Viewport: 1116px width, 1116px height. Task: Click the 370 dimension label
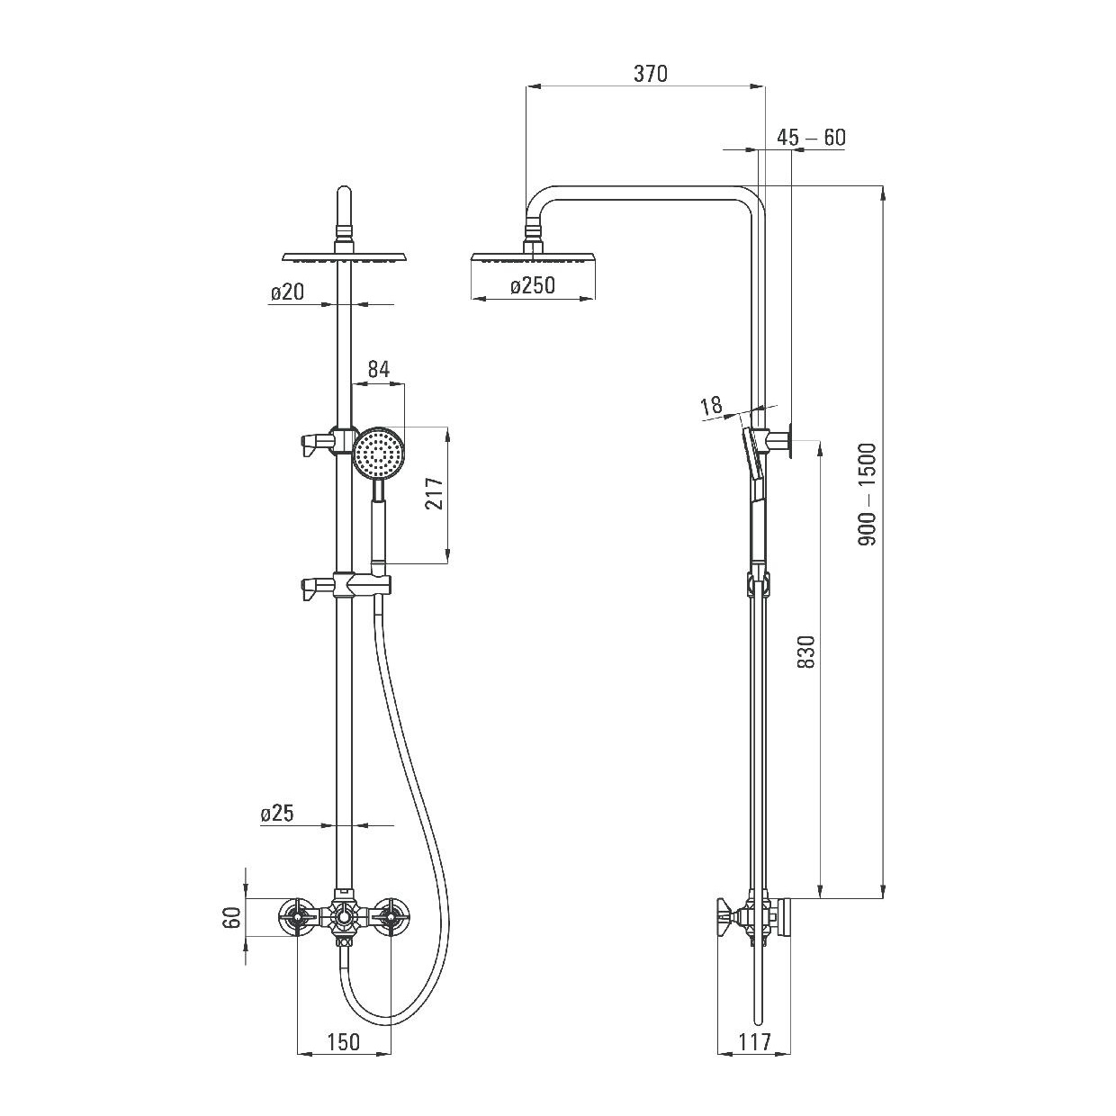(650, 74)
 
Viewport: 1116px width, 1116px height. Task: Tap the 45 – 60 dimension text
(811, 138)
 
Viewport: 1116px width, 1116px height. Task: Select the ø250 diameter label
(532, 285)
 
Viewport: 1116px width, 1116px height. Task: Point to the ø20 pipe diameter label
(287, 292)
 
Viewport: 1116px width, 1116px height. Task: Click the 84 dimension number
(379, 369)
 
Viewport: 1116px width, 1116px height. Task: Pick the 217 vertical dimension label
(435, 493)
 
